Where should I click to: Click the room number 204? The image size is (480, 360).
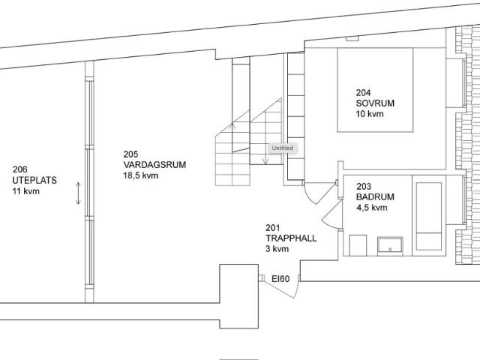point(363,92)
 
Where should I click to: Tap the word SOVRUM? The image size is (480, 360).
point(375,103)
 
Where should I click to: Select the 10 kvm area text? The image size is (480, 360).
point(370,114)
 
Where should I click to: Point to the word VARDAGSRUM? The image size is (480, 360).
point(154,165)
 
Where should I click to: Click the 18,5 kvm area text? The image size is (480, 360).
point(141,175)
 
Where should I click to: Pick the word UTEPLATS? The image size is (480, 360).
point(34,180)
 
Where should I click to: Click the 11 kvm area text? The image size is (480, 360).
point(26,191)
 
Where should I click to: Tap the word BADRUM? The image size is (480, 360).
point(375,196)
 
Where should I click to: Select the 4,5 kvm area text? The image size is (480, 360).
point(372,208)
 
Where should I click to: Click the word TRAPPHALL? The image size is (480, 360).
point(291,238)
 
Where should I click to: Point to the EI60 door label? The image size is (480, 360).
point(280,279)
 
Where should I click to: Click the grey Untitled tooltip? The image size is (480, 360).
point(282,148)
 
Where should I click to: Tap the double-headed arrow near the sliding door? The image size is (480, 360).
point(78,193)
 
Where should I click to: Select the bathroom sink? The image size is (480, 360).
point(390,246)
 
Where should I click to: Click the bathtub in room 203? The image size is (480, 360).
point(428,216)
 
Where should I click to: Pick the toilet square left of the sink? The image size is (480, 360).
point(358,245)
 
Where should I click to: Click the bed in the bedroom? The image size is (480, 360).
point(375,90)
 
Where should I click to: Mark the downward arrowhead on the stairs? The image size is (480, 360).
point(265,161)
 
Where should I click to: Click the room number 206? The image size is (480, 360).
point(20,169)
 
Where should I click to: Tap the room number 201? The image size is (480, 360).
point(273,228)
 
